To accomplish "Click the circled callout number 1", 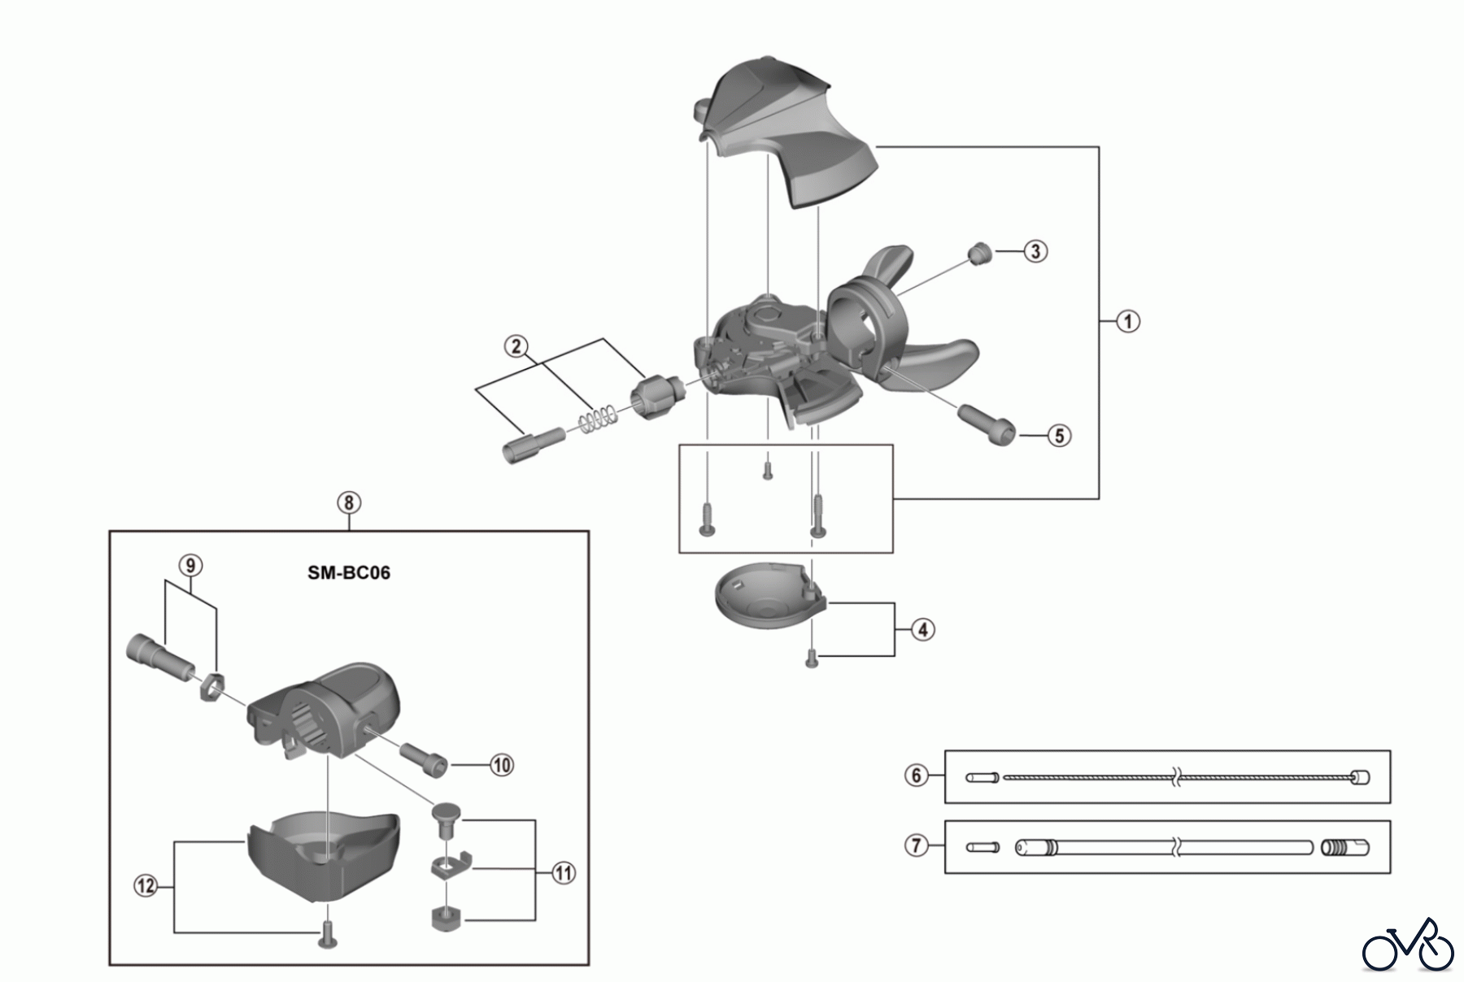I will [1127, 321].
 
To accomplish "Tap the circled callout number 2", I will [516, 346].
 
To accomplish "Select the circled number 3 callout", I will [1035, 251].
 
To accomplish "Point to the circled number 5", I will [1058, 436].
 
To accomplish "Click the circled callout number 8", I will [348, 502].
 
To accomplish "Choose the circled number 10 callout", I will [502, 765].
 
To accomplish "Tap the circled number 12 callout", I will [146, 885].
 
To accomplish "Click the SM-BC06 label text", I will [349, 572].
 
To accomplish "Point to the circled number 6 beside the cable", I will [917, 776].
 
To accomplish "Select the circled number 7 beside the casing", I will [917, 845].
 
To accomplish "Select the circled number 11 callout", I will [563, 873].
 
